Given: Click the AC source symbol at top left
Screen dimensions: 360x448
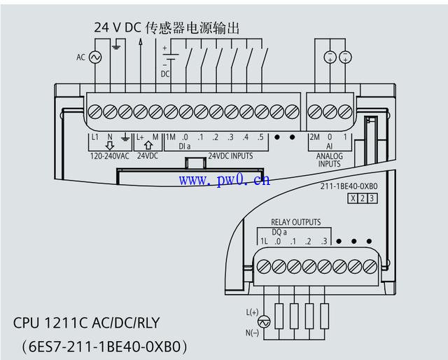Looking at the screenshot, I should pos(94,58).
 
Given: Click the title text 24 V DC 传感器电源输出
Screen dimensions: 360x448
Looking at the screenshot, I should pos(167,28).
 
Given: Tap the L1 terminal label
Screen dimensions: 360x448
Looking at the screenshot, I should pos(94,137).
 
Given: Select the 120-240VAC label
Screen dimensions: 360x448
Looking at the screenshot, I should pos(110,156).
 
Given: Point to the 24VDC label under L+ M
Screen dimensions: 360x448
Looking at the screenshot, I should pos(148,156).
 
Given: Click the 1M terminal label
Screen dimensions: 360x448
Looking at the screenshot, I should pos(170,137).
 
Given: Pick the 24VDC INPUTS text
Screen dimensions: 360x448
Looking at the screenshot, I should pos(230,156).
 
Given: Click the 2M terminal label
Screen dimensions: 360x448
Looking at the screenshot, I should pos(314,137).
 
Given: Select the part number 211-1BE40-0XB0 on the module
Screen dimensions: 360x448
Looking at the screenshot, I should pos(349,187).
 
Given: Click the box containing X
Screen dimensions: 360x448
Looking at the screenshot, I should pos(353,198).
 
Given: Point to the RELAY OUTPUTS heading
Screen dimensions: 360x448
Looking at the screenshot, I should pos(295,223).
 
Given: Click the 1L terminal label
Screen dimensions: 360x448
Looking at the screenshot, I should pos(264,242).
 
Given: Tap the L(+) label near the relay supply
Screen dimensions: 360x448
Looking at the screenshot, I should pos(252,311).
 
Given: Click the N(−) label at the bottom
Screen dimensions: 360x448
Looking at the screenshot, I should pos(252,333).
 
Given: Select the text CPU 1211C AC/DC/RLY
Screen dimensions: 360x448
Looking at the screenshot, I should pos(87,324).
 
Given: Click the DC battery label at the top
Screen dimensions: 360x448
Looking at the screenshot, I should pos(165,73).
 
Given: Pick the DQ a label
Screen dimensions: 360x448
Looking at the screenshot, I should pos(279,232).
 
